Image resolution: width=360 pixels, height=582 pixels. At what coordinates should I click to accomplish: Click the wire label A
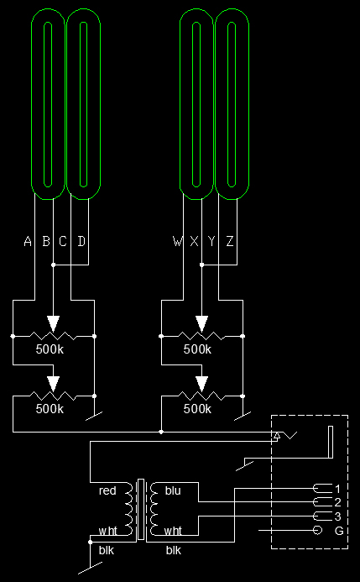click(28, 241)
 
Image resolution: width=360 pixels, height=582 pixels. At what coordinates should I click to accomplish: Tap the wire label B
click(46, 241)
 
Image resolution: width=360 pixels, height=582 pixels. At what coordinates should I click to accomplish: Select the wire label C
click(63, 241)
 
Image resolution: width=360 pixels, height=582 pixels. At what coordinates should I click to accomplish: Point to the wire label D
click(81, 241)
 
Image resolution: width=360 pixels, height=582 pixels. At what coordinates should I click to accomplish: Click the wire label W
click(178, 241)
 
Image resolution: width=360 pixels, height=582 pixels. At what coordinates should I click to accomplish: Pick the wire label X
click(195, 241)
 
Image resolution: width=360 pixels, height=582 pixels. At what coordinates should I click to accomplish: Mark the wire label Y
click(211, 241)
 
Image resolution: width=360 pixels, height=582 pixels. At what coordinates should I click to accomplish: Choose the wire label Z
click(230, 241)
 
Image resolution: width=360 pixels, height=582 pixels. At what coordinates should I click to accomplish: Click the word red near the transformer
click(107, 490)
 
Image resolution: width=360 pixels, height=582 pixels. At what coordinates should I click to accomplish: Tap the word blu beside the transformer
click(173, 490)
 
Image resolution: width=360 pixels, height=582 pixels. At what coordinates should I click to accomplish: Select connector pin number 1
click(337, 489)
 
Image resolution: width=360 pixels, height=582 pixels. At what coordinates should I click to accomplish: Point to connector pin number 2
click(337, 502)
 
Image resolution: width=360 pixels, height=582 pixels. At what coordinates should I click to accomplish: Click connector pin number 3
click(337, 516)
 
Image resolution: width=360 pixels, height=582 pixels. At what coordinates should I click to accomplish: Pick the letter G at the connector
click(339, 531)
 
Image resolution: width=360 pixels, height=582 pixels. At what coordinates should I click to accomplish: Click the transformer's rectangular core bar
click(141, 509)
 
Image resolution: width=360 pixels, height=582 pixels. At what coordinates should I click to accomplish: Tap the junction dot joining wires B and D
click(53, 265)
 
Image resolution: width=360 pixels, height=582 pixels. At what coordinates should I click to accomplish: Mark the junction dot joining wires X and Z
click(201, 265)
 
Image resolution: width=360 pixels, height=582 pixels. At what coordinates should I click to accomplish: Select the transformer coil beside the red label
click(129, 509)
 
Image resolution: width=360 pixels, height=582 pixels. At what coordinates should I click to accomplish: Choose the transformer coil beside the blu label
click(153, 509)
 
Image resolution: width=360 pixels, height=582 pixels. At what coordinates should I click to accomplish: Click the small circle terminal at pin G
click(317, 531)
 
